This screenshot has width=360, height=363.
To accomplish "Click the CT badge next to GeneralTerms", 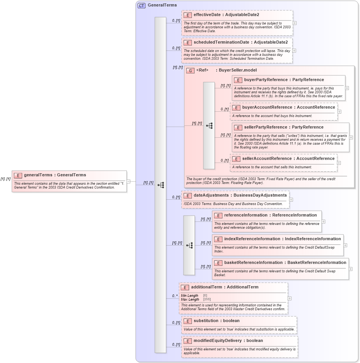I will pyautogui.click(x=141, y=5).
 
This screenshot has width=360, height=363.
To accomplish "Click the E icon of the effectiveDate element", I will pyautogui.click(x=187, y=15).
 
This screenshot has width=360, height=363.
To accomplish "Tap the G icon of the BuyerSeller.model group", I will pyautogui.click(x=190, y=70).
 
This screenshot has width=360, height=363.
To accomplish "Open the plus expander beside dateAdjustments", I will pyautogui.click(x=291, y=199).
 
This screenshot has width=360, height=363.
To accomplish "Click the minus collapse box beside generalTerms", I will pyautogui.click(x=129, y=181).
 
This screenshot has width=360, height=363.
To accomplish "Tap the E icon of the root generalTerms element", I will pyautogui.click(x=18, y=175).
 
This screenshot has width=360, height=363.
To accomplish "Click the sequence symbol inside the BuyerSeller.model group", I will pyautogui.click(x=209, y=125).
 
